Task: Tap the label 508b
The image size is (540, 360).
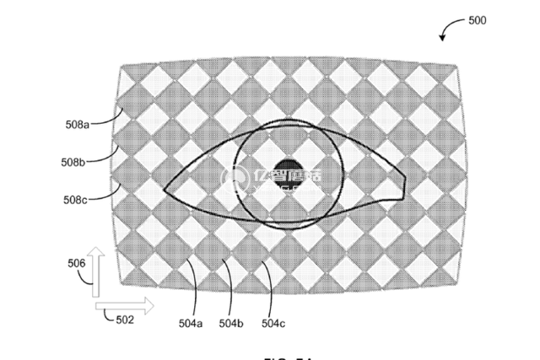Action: click(73, 160)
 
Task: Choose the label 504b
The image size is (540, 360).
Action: click(231, 323)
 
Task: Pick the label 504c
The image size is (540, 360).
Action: click(273, 323)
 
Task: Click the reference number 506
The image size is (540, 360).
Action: click(77, 262)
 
